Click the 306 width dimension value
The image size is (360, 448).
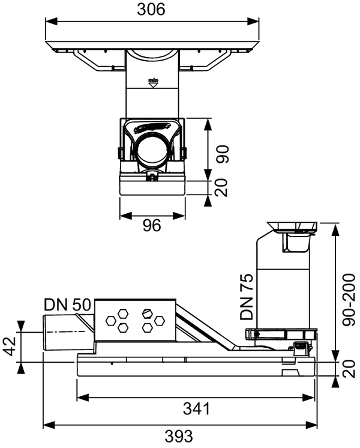pos(152,10)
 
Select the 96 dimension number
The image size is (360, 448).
pos(152,225)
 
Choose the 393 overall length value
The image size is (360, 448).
pos(179,435)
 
